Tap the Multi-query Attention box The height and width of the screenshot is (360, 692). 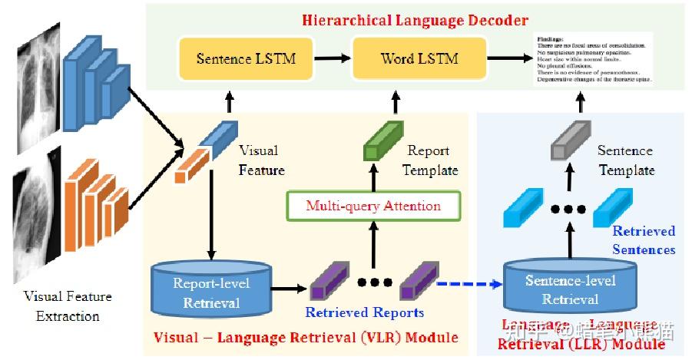[373, 206]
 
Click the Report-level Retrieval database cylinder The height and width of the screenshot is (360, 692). [211, 289]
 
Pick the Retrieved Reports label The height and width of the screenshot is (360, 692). [364, 312]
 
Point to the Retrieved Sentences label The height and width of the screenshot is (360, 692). [644, 239]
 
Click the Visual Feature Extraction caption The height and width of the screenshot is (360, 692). [68, 306]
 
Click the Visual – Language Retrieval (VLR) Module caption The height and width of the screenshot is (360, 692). [306, 338]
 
